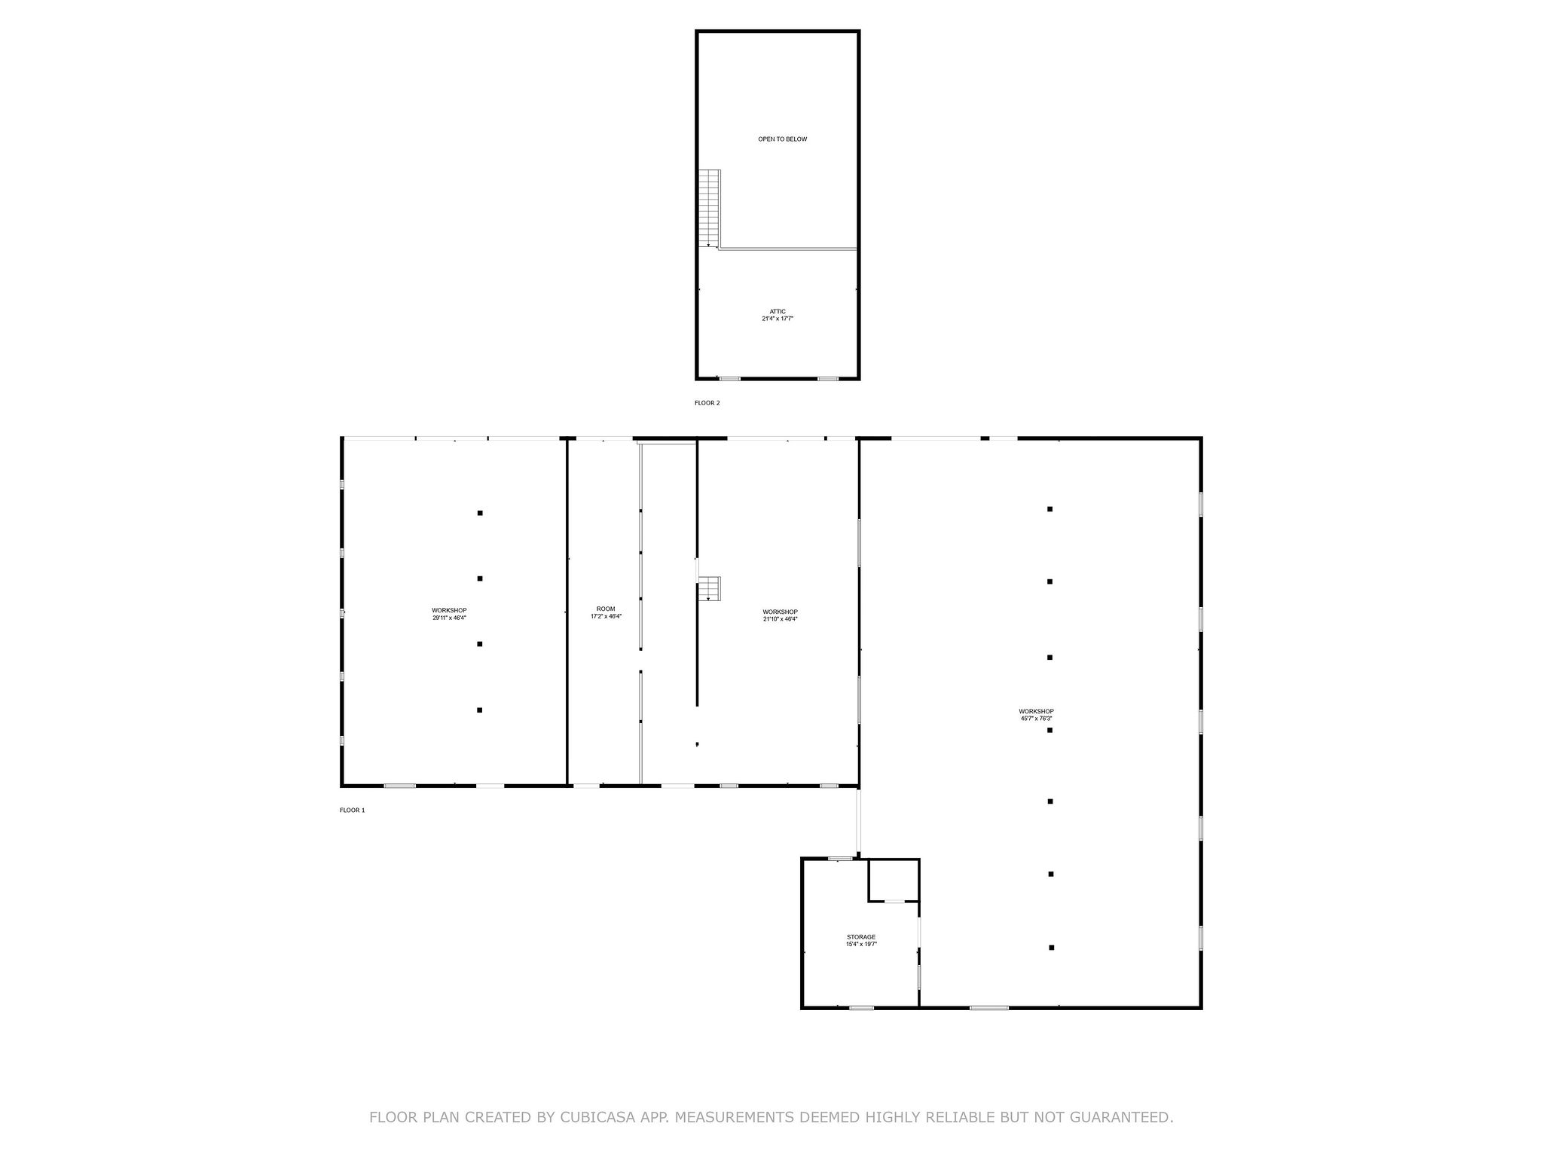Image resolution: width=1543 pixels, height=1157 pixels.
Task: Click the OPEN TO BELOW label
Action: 782,139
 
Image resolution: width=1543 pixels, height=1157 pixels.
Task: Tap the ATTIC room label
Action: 778,311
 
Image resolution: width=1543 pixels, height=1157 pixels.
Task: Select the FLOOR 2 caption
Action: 707,403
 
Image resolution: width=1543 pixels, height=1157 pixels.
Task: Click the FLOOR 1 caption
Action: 352,811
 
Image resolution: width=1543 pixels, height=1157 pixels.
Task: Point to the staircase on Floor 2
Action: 709,208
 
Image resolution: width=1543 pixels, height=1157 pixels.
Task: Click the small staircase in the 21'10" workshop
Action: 709,588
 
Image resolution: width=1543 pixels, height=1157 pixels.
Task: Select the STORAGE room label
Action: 860,937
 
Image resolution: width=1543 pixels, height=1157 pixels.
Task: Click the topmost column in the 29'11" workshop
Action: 480,513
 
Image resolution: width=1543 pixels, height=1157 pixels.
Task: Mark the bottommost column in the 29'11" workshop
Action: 480,710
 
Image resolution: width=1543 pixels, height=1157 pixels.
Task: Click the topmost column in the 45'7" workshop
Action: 1050,509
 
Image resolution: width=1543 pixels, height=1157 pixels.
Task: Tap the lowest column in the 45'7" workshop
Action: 1051,948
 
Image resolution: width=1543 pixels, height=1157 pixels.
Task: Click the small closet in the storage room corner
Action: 894,880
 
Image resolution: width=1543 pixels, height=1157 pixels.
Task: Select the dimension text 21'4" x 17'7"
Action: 778,319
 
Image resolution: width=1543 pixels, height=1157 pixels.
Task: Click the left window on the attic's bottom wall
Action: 729,378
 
